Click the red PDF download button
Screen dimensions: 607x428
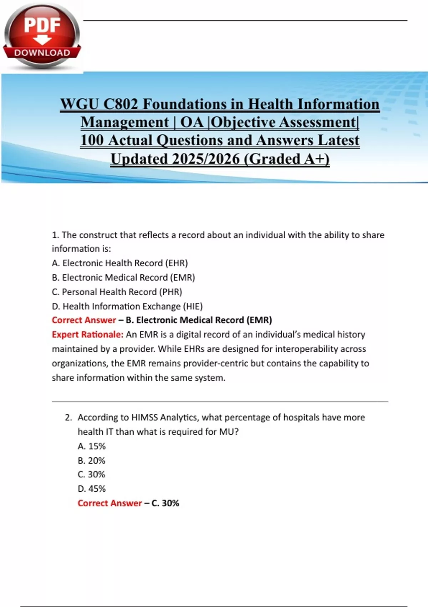pos(42,36)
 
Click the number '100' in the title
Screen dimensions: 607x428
pos(92,140)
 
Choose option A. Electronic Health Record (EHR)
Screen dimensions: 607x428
pos(120,263)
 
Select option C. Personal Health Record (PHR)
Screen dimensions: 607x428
pos(117,292)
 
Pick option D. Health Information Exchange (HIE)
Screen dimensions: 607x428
pos(127,306)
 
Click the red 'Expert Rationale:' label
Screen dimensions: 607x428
pos(87,335)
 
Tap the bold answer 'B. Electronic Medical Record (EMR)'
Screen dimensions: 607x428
pos(199,320)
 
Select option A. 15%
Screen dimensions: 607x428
pos(92,446)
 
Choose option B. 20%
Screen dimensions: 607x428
pos(92,461)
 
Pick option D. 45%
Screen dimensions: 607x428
pos(92,489)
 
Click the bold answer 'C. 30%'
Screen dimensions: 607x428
pos(165,503)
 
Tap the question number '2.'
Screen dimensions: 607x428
pos(68,417)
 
